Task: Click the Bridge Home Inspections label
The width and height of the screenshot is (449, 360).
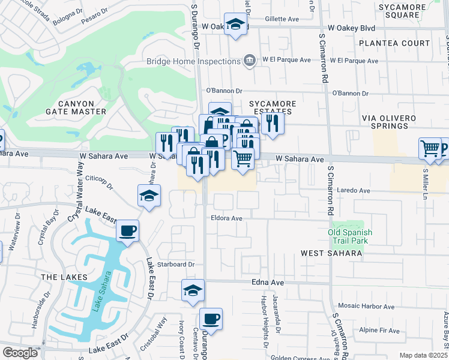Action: (193, 61)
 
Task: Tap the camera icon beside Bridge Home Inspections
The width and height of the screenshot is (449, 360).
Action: (249, 60)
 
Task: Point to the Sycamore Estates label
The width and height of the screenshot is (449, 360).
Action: (273, 108)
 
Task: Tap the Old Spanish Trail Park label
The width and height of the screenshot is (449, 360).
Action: (351, 236)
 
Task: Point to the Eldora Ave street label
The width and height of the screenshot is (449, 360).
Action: (226, 218)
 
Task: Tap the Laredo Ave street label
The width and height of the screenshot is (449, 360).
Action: (355, 190)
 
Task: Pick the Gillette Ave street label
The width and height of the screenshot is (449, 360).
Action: (282, 19)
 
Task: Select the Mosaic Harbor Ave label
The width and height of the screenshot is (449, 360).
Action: (366, 306)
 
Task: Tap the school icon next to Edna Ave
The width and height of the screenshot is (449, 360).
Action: (193, 290)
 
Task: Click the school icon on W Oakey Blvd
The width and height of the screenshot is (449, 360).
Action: (235, 25)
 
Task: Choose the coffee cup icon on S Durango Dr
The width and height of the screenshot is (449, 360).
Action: (210, 319)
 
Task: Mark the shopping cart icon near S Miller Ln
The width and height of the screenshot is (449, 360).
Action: (430, 148)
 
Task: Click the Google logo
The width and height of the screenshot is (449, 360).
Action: (20, 353)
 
